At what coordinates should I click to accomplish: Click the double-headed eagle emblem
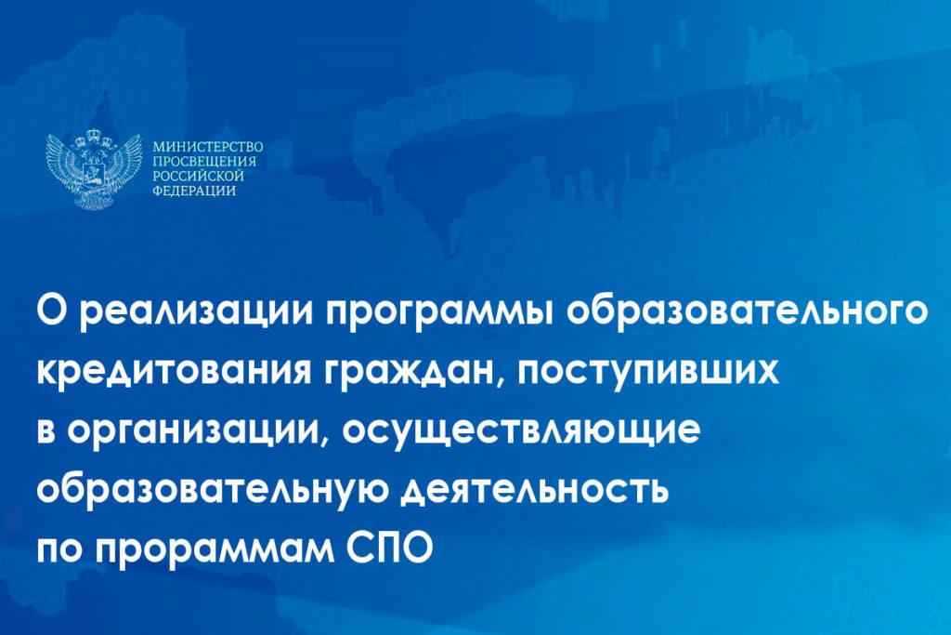pyautogui.click(x=94, y=169)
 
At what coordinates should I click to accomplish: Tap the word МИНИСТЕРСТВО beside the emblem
pyautogui.click(x=208, y=148)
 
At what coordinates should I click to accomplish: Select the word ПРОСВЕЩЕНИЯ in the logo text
pyautogui.click(x=204, y=162)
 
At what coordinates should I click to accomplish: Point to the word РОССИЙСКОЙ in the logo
pyautogui.click(x=198, y=176)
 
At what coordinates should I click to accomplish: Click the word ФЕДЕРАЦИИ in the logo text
pyautogui.click(x=194, y=191)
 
